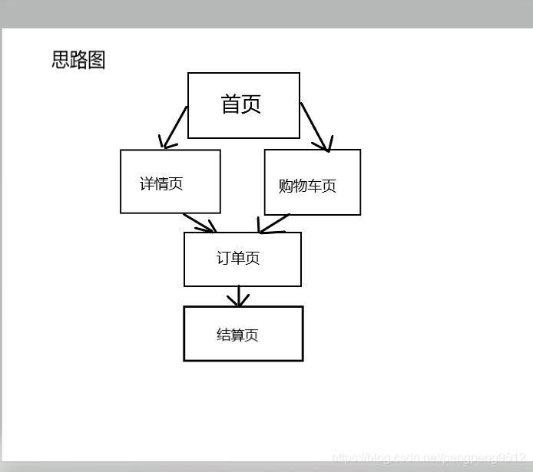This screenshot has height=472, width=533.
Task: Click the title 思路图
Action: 78,60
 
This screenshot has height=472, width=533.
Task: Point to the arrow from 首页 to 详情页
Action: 174,127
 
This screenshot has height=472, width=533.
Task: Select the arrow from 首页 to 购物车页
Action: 315,126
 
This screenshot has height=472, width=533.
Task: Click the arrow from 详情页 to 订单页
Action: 200,222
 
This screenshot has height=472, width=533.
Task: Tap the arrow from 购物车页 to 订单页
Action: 273,223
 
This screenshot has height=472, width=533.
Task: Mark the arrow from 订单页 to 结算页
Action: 239,296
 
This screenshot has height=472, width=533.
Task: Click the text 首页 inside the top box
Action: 241,104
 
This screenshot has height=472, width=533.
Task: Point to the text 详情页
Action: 161,184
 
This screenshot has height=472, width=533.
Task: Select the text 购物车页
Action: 307,186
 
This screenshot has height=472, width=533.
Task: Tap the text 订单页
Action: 238,259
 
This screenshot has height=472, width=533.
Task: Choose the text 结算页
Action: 237,335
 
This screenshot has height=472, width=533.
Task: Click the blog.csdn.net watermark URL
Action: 429,458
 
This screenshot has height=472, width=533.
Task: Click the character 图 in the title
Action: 97,60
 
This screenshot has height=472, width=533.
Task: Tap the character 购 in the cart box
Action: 286,186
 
